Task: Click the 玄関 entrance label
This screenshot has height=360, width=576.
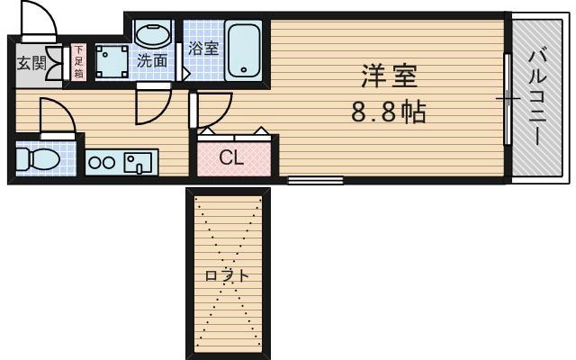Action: tap(27, 63)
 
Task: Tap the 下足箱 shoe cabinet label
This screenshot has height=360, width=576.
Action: tap(78, 62)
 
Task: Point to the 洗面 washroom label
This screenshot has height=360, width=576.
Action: tap(151, 61)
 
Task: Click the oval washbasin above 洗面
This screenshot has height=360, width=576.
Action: tap(152, 34)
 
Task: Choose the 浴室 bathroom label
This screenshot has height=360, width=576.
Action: tap(202, 49)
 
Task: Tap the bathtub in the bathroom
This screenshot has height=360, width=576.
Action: tap(244, 49)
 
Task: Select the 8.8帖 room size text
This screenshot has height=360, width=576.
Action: tap(388, 113)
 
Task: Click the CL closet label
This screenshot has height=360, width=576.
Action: tap(231, 158)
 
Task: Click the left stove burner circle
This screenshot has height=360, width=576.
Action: tap(95, 163)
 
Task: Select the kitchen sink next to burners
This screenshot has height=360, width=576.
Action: tap(139, 163)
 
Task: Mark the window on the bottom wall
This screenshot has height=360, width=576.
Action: tap(315, 181)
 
